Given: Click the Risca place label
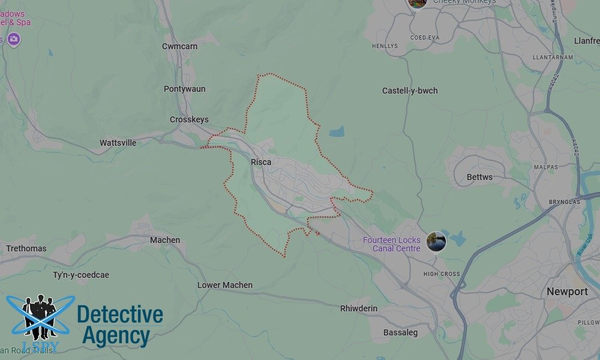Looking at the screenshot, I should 261,162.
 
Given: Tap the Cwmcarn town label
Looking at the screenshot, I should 179,46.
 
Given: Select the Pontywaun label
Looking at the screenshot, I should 184,89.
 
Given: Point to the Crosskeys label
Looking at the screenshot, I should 189,119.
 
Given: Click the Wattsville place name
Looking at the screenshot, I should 118,143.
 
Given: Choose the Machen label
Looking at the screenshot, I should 165,240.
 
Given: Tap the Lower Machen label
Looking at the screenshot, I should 225,285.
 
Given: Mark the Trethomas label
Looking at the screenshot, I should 26,248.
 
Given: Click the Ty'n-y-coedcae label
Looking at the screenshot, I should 81,275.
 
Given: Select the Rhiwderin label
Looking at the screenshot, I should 359,308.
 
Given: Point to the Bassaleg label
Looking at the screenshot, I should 401,332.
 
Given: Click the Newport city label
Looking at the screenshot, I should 567,292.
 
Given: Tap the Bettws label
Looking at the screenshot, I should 479,177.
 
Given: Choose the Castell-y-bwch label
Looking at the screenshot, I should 410,91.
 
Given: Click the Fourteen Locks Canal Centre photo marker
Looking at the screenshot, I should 436,242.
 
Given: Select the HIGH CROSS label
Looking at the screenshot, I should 442,274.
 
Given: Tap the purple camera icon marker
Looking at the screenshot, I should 14,40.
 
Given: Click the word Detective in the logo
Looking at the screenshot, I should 120,314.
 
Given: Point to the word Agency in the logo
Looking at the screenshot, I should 116,336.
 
